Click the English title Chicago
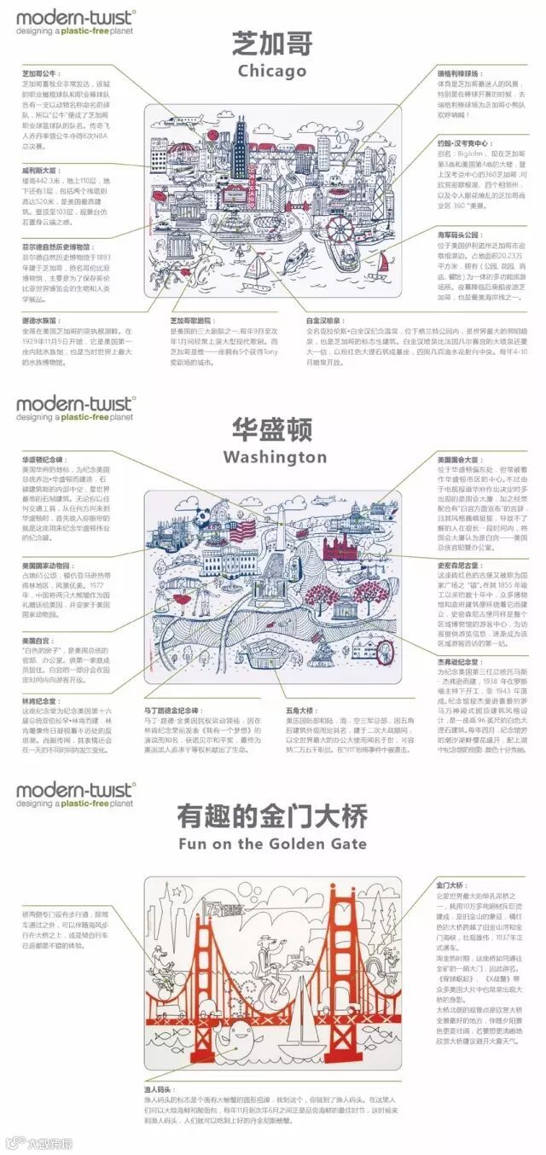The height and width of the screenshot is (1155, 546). click(272, 71)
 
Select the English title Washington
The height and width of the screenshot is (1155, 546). click(272, 457)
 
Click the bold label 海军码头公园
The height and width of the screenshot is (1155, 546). click(456, 232)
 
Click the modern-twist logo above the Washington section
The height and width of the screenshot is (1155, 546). click(68, 406)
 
